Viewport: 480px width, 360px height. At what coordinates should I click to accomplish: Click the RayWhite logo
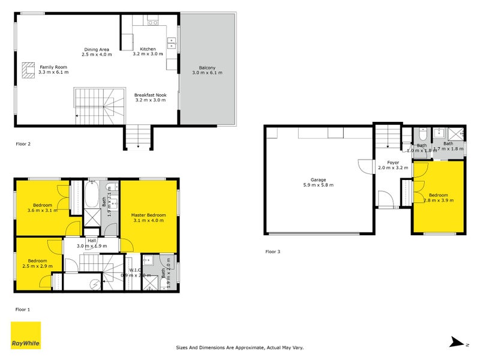point(26,336)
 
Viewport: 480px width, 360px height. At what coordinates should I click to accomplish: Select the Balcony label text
point(207,68)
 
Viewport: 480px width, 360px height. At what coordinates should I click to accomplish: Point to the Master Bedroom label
point(148,215)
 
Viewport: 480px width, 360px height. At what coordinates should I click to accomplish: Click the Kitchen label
point(148,49)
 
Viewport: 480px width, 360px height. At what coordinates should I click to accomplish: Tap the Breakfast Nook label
point(150,95)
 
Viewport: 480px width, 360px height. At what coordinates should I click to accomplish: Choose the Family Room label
point(53,67)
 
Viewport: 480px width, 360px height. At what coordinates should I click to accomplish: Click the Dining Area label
point(96,50)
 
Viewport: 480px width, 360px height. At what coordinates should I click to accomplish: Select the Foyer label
point(393,162)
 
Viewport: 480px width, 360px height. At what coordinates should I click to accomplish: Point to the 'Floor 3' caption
point(272,251)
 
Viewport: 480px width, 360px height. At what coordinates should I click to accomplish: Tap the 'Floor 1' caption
point(23,309)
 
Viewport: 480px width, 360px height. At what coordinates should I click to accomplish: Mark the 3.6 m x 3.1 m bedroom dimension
point(42,210)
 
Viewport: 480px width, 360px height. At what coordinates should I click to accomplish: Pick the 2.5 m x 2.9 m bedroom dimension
point(37,265)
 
